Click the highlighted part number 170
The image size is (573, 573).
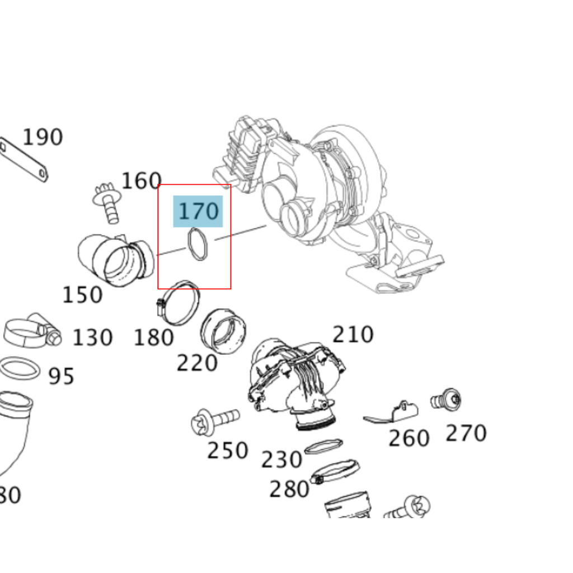tap(198, 212)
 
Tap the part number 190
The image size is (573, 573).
tap(43, 137)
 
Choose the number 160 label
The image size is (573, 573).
tap(141, 181)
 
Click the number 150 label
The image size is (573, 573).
tap(82, 295)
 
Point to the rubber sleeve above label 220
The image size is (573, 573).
tap(223, 331)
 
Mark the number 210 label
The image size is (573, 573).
tap(353, 335)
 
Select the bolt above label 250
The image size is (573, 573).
tap(215, 419)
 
